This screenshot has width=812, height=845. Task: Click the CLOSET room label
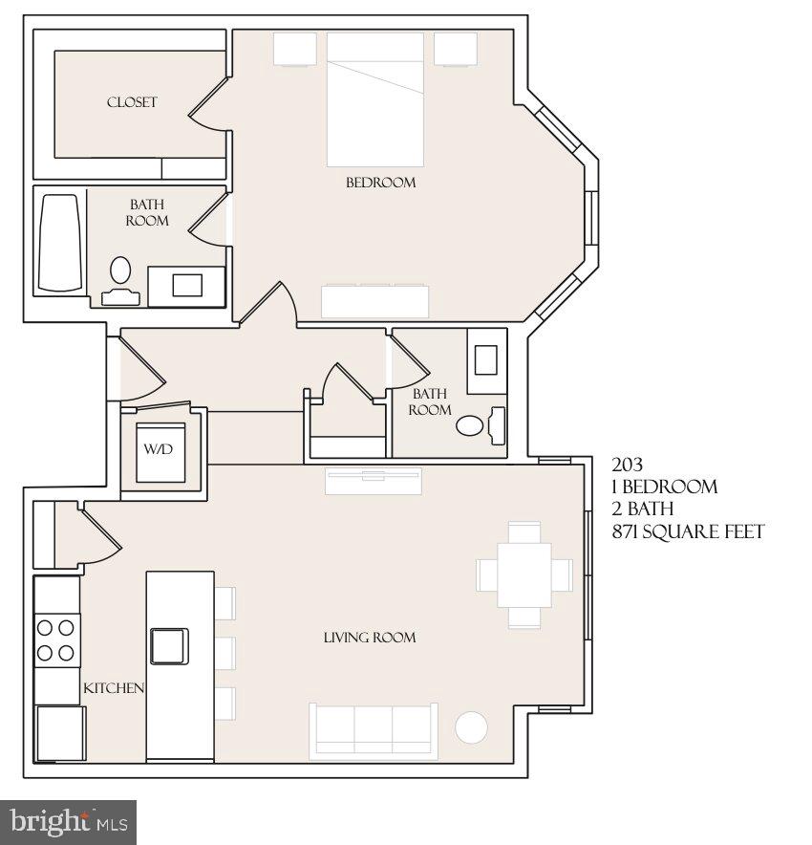click(x=132, y=102)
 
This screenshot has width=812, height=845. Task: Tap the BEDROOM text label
click(x=380, y=183)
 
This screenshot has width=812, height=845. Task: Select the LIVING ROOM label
click(x=369, y=638)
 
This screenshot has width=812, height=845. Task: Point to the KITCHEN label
click(x=114, y=688)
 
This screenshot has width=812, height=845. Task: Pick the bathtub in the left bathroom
click(x=60, y=244)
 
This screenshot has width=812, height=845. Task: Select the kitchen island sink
click(x=169, y=645)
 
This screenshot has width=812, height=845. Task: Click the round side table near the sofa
click(x=471, y=727)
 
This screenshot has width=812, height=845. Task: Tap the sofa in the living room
click(x=374, y=731)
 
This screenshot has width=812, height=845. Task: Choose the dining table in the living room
click(x=524, y=574)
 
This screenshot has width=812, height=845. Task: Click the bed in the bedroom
click(x=375, y=100)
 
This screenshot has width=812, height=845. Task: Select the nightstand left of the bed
click(x=294, y=49)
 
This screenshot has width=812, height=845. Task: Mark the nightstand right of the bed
click(x=456, y=49)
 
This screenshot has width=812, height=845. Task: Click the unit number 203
click(x=628, y=466)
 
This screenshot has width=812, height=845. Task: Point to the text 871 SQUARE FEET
click(x=688, y=531)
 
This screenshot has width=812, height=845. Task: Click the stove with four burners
click(x=56, y=640)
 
